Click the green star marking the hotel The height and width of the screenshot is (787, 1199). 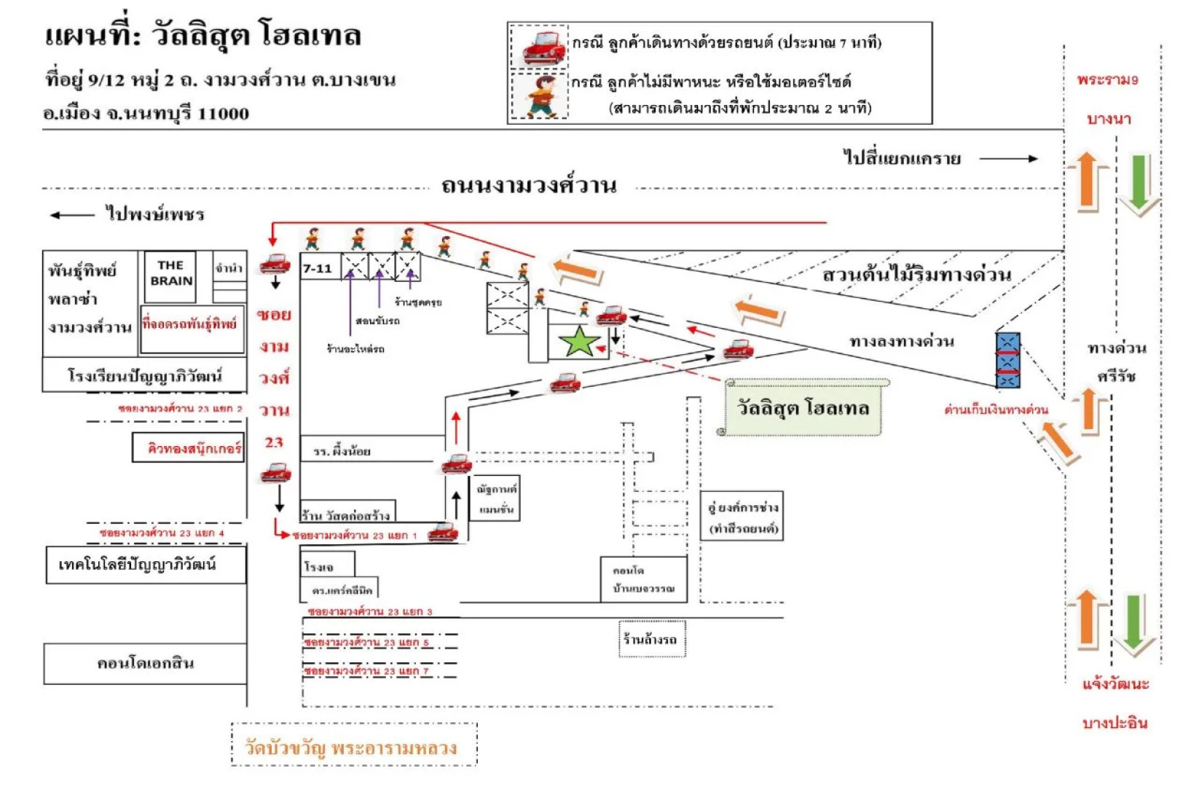pos(579,341)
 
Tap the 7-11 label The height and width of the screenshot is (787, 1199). pos(318,269)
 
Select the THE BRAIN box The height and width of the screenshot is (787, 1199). pos(170,275)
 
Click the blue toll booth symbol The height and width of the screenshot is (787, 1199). pos(1007,360)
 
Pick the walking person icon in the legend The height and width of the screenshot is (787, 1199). pos(540,95)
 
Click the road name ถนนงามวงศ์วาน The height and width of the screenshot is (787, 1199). pos(529,187)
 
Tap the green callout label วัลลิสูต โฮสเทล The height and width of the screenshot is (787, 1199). pos(803,408)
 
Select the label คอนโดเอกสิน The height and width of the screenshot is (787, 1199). pos(146,664)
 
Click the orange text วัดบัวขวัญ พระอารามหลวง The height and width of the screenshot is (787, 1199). pos(352,748)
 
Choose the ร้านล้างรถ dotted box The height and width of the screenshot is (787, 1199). pos(651,639)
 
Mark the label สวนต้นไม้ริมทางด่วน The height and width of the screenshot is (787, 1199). pos(916,275)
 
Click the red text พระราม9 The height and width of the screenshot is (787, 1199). pos(1107,80)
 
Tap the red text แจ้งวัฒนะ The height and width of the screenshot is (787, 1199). pos(1115,684)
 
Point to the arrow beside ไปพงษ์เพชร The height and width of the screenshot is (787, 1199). pos(71,215)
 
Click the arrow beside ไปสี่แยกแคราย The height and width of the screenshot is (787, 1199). pos(1008,159)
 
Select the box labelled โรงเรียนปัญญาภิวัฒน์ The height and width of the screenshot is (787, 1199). pos(144,376)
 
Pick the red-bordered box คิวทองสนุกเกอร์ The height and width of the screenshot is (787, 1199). pos(189,448)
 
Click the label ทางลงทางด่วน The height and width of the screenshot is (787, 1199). pos(901,341)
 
